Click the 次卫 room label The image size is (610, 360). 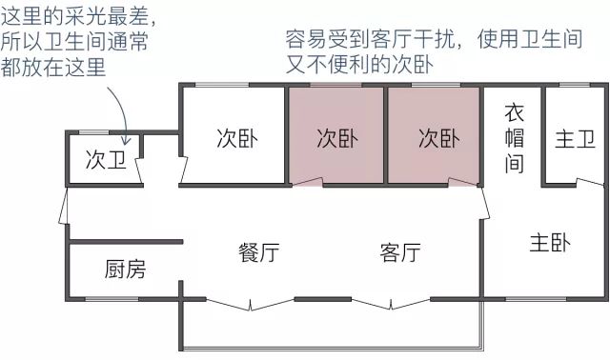[105, 159]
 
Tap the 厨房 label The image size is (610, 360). [125, 270]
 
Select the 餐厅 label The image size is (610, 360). [258, 253]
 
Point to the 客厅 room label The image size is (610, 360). [400, 253]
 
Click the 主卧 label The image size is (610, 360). [550, 243]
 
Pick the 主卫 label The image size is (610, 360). [575, 139]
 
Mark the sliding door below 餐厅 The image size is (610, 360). [252, 306]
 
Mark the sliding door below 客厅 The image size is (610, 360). [389, 306]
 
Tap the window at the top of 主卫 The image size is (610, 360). [575, 87]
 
